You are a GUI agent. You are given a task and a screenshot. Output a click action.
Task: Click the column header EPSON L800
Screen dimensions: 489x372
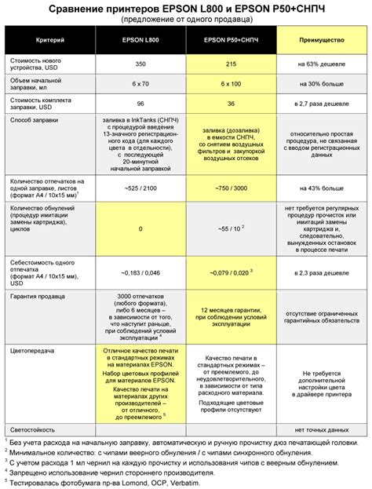tap(140, 38)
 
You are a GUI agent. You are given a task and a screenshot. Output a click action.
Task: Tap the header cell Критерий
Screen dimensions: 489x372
tap(50, 38)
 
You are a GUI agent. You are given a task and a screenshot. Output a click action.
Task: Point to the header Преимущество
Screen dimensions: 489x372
tap(323, 38)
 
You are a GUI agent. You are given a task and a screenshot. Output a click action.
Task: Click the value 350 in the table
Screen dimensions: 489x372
tap(140, 62)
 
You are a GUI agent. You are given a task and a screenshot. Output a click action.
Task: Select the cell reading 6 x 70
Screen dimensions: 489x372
tap(140, 82)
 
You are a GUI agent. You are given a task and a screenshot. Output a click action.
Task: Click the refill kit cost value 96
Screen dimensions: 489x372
tap(140, 103)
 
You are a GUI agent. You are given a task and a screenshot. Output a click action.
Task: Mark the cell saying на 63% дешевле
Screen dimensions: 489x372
tap(323, 62)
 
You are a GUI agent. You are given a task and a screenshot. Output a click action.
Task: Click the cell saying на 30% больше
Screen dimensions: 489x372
tap(323, 82)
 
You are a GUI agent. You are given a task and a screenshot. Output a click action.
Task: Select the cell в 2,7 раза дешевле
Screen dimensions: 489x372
tap(323, 103)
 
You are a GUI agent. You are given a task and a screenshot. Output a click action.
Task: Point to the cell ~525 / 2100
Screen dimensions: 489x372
tap(140, 188)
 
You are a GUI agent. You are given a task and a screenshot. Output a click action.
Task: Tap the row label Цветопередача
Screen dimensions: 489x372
tap(30, 350)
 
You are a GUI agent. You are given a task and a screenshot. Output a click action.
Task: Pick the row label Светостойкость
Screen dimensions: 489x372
tap(31, 431)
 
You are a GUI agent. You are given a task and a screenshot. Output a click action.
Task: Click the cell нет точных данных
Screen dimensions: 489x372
tap(323, 431)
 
